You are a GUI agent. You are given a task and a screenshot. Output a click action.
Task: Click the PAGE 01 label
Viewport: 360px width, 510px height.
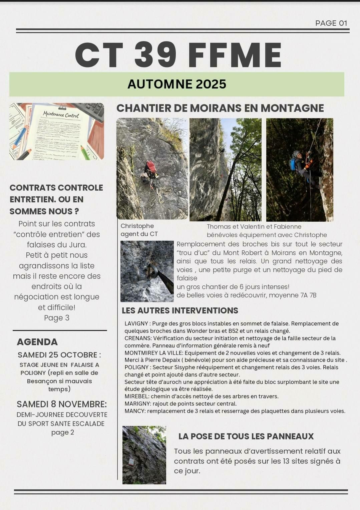click(x=331, y=23)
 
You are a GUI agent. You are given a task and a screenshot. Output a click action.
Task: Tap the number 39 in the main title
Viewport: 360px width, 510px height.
click(x=155, y=55)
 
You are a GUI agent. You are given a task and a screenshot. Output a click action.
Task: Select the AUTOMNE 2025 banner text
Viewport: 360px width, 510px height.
click(x=177, y=84)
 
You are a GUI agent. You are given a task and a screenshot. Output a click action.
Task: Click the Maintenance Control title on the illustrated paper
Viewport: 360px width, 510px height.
click(x=61, y=115)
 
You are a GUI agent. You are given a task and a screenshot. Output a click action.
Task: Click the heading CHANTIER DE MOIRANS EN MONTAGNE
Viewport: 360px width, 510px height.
click(x=220, y=108)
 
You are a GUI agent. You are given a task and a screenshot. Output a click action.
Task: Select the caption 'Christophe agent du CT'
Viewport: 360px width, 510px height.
click(x=139, y=230)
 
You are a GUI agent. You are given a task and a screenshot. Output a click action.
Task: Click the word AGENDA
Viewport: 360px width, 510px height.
click(x=37, y=342)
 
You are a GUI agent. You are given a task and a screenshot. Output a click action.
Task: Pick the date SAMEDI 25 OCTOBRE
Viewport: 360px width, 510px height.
click(x=59, y=354)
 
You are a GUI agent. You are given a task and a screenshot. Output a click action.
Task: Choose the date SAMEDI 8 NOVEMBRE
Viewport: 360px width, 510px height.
click(x=62, y=404)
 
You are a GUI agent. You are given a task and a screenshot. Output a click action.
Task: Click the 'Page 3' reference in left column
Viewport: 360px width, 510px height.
click(x=57, y=318)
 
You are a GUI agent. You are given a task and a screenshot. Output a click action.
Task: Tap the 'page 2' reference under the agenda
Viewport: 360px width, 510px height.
click(x=62, y=433)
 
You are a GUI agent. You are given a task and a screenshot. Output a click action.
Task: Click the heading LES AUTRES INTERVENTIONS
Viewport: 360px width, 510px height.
click(x=180, y=310)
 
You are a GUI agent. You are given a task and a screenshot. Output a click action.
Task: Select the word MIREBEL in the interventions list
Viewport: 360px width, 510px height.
click(x=137, y=397)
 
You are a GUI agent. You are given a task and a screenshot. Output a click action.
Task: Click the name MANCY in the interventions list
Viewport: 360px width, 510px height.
click(x=134, y=411)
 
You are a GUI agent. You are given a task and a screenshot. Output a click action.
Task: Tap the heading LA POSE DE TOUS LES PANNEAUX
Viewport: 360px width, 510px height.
click(x=246, y=436)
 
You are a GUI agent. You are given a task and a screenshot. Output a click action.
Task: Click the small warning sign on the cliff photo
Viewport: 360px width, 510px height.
click(x=131, y=461)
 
